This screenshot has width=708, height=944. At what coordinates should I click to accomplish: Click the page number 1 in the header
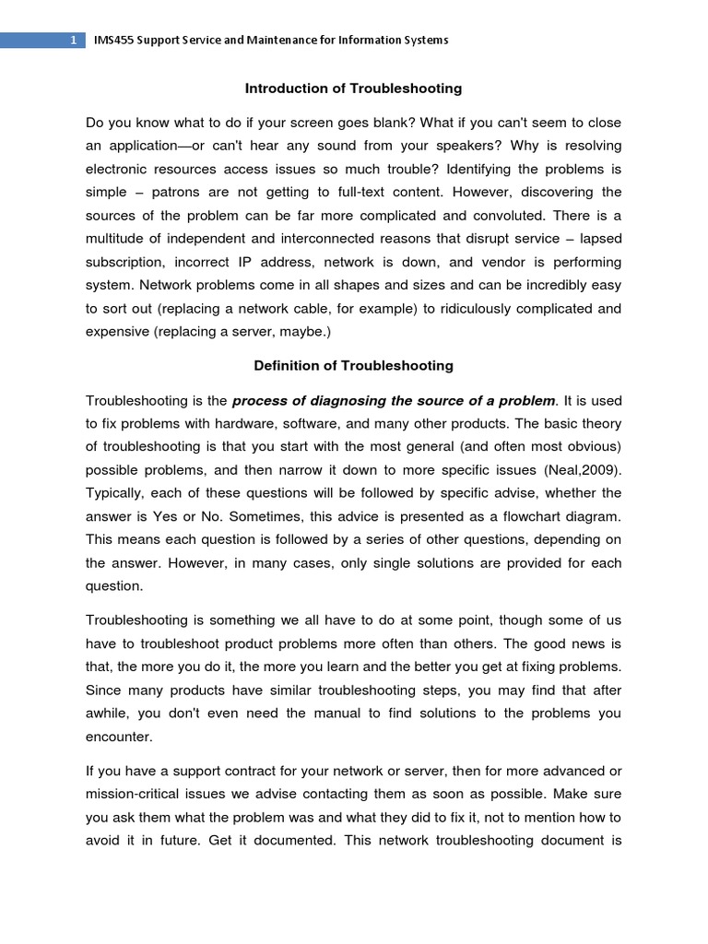tap(73, 41)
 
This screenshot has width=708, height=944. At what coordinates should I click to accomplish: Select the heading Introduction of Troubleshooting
tap(353, 88)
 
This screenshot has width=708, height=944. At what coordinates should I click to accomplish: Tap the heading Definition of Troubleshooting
tap(353, 365)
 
